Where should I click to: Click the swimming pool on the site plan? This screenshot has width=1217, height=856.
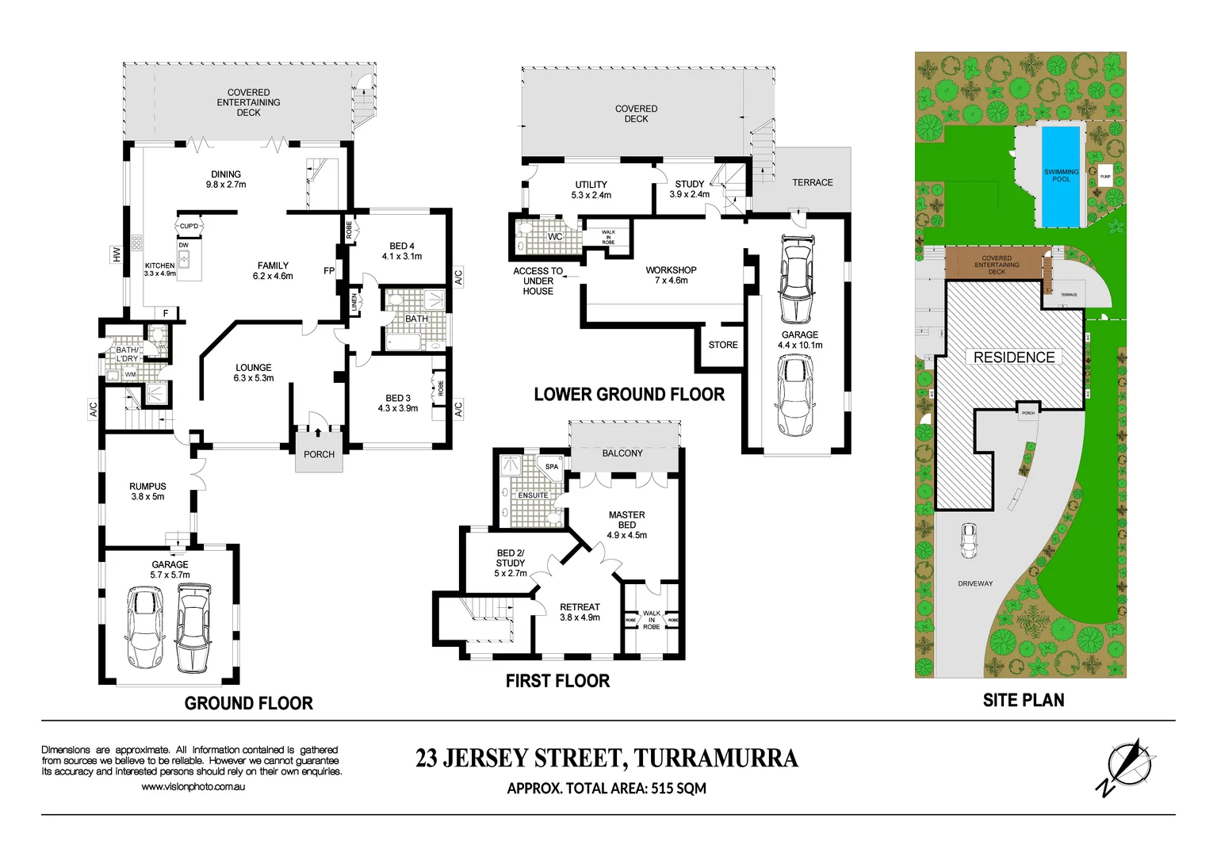(x=1060, y=176)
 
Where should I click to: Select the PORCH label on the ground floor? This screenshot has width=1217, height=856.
(x=319, y=454)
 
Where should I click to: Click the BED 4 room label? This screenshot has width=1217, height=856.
(x=402, y=246)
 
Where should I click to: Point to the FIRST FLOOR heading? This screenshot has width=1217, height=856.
(x=557, y=681)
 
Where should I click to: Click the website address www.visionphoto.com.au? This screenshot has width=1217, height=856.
(x=193, y=786)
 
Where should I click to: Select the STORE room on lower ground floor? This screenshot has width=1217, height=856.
(x=722, y=345)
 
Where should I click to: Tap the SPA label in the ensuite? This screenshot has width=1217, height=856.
(x=552, y=467)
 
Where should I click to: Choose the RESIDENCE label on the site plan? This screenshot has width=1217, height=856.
(x=1013, y=357)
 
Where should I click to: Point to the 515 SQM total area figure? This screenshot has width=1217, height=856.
(x=679, y=788)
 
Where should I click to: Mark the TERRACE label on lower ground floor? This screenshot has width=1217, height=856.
(x=812, y=182)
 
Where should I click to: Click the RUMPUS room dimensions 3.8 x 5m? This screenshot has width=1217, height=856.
(x=147, y=497)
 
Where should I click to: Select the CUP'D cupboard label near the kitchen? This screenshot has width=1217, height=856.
(x=189, y=226)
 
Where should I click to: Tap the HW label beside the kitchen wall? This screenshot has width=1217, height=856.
(x=117, y=254)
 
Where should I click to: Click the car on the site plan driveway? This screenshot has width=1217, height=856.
(x=968, y=541)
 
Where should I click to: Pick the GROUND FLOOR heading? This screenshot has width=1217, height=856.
(x=248, y=703)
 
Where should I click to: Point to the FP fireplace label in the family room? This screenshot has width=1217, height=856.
(x=329, y=271)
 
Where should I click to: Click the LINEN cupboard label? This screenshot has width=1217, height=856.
(x=354, y=303)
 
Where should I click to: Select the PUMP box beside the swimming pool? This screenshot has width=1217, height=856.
(x=1105, y=177)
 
